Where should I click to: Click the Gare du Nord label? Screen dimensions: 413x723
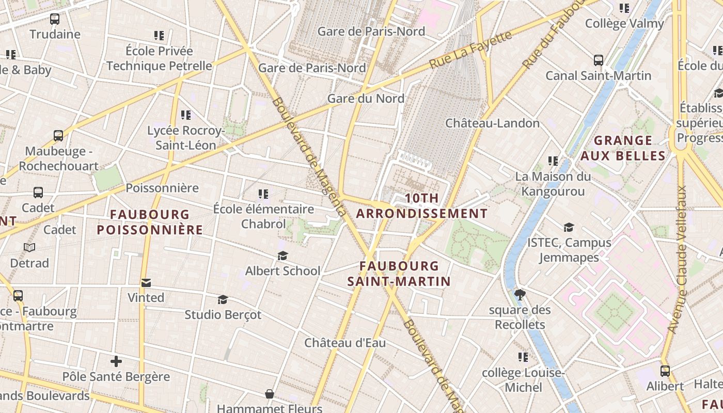(366, 98)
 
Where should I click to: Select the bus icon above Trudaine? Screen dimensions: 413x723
(55, 19)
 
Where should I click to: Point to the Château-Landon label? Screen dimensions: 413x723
(492, 123)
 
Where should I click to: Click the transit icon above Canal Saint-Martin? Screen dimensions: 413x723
(598, 60)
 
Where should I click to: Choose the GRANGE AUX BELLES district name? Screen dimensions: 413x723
(623, 148)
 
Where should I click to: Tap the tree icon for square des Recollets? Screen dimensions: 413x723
(520, 295)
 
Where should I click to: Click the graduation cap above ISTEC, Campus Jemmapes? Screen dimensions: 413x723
(569, 227)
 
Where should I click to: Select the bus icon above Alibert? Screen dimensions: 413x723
(665, 371)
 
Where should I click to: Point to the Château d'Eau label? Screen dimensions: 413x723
(344, 343)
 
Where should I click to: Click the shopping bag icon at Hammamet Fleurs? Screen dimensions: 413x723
(269, 394)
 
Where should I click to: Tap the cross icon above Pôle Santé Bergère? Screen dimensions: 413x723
(116, 361)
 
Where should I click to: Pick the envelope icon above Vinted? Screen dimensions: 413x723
(146, 282)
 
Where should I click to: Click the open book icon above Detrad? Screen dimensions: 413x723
(29, 248)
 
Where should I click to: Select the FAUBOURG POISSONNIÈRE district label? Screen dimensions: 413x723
(150, 222)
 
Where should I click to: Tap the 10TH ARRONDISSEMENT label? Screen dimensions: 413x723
(421, 205)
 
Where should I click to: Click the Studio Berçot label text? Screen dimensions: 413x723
(223, 314)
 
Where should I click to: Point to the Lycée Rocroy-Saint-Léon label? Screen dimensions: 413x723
(186, 138)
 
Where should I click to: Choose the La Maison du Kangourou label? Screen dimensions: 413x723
(553, 184)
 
